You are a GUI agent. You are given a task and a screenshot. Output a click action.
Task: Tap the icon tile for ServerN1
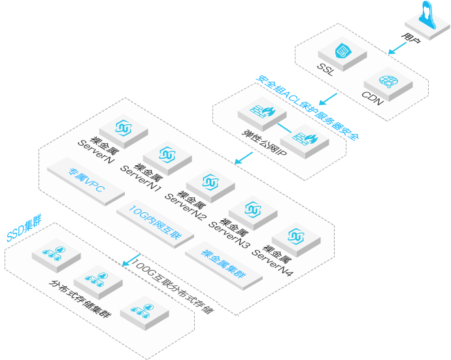tap(167, 155)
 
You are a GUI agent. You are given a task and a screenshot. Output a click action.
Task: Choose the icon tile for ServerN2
tap(210, 183)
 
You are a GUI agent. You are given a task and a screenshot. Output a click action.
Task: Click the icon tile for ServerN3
tap(253, 210)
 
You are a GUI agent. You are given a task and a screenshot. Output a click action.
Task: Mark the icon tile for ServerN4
tap(296, 236)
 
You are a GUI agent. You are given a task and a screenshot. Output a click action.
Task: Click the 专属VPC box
tap(86, 179)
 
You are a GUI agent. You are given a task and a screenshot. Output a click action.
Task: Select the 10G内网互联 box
tap(154, 219)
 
